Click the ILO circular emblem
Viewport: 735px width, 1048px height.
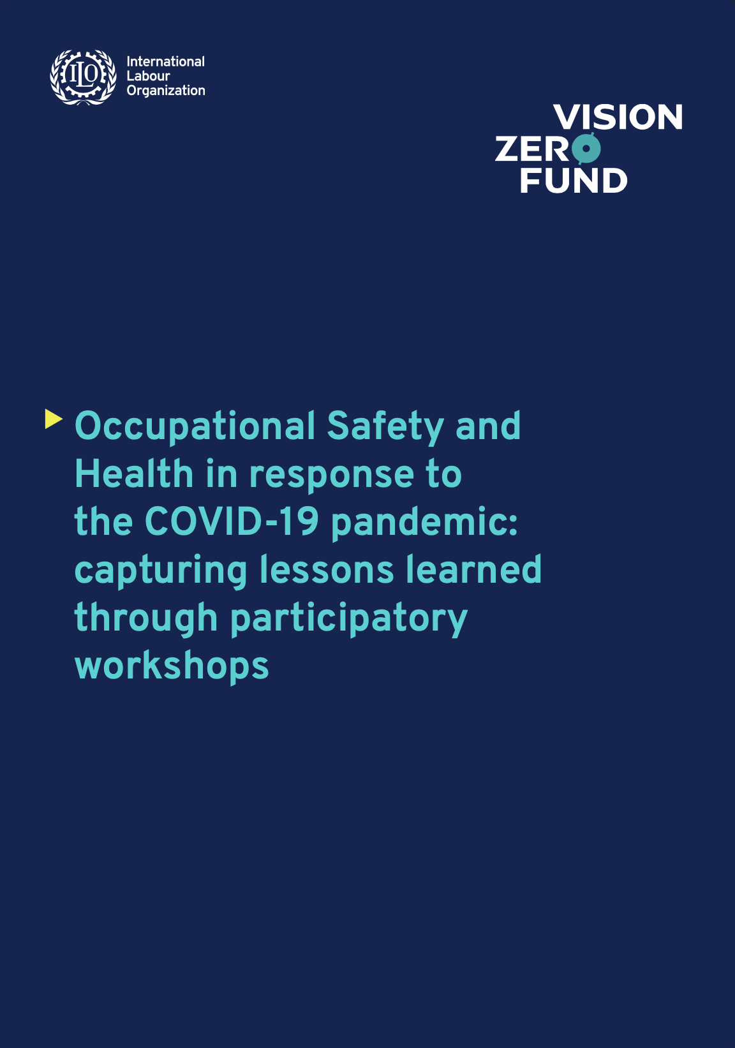click(x=83, y=77)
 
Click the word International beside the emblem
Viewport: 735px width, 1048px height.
click(x=165, y=61)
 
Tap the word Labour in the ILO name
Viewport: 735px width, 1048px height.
click(x=148, y=76)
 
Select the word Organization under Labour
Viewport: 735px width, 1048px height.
click(x=166, y=91)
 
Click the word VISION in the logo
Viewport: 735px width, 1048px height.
click(x=618, y=117)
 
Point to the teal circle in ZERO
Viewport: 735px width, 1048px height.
click(x=586, y=149)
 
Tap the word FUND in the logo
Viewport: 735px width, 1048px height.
click(x=574, y=181)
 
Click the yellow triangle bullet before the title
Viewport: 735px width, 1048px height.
click(x=54, y=419)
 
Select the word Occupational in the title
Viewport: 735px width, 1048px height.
click(x=195, y=426)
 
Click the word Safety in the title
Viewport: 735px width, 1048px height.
click(x=385, y=426)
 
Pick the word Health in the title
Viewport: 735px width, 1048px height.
click(x=134, y=474)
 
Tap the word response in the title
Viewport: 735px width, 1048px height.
click(x=332, y=475)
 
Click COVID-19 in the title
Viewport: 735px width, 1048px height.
click(x=232, y=521)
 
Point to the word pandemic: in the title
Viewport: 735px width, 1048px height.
click(x=424, y=523)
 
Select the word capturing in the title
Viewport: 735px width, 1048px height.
click(x=161, y=571)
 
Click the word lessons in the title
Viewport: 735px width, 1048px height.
click(x=327, y=569)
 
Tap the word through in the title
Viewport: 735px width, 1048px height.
click(x=146, y=618)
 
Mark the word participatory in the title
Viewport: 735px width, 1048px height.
click(x=348, y=618)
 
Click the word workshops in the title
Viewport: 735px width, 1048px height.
click(x=172, y=666)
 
